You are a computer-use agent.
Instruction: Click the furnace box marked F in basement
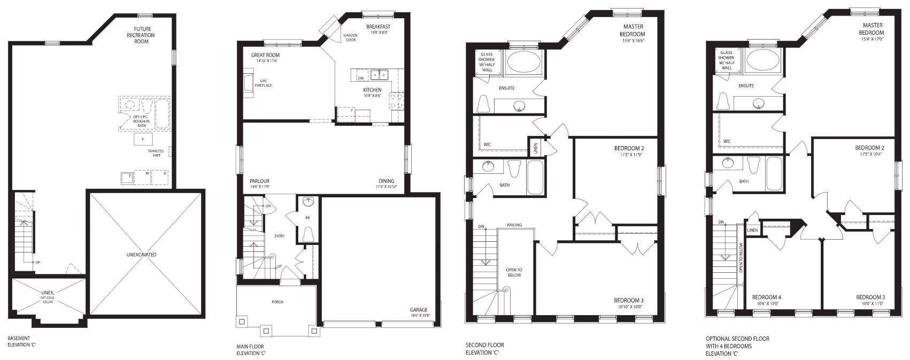pos(143,140)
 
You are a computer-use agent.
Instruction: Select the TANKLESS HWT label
pos(156,153)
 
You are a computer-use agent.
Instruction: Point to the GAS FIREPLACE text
pos(263,83)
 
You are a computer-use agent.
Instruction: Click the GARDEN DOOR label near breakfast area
pos(350,37)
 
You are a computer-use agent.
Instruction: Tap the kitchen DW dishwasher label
pos(361,79)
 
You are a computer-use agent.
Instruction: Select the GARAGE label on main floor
pos(419,310)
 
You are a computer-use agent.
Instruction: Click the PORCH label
pos(277,302)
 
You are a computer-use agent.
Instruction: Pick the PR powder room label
pos(308,218)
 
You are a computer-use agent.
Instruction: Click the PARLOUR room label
pos(259,181)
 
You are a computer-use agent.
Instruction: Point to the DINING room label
pos(387,181)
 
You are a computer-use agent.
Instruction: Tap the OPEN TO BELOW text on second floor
pos(514,272)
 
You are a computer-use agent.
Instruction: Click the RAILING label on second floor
pos(514,225)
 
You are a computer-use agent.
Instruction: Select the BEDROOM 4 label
pos(766,297)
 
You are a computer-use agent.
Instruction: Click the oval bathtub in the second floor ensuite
pos(524,62)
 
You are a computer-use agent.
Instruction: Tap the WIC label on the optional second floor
pos(727,141)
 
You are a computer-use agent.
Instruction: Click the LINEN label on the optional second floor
pos(752,230)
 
